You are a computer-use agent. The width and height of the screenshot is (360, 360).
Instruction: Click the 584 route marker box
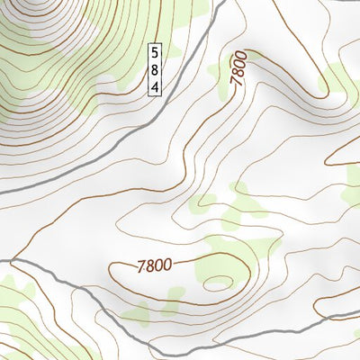coord(155,69)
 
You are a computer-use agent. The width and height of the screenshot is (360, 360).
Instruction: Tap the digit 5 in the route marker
coord(155,52)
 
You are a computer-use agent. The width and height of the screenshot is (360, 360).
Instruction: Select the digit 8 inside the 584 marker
coord(155,69)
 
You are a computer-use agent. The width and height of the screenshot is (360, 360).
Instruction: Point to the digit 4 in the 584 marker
coord(155,86)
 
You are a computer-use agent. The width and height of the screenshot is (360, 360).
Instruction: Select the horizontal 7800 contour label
coord(154,265)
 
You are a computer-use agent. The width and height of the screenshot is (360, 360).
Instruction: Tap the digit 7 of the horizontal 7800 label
coord(141,267)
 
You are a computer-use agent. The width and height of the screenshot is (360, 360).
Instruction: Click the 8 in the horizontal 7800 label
coord(149,266)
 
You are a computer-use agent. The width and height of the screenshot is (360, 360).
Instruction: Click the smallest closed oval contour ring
coord(218,284)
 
